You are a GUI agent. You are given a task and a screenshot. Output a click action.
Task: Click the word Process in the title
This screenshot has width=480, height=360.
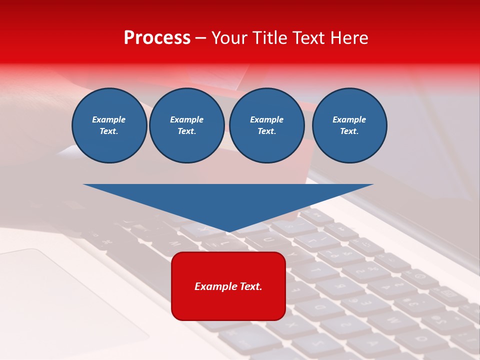tap(157, 38)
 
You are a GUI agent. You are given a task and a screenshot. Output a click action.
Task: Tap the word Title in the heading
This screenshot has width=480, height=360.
tap(270, 38)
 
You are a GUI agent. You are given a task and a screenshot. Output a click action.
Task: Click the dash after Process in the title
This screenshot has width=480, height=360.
tap(201, 38)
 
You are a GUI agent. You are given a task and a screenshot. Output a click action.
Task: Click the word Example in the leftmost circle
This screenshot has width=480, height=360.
tap(109, 119)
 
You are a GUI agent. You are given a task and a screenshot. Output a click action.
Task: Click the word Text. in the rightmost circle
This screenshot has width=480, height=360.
tap(349, 131)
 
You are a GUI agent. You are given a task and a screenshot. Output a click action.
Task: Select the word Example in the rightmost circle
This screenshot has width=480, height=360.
tap(349, 119)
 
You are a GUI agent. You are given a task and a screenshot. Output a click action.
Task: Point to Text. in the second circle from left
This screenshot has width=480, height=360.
tap(187, 131)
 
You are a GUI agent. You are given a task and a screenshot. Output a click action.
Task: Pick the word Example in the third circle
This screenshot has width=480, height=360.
tap(267, 119)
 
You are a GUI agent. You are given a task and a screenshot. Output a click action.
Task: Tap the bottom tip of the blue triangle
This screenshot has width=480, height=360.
tap(229, 231)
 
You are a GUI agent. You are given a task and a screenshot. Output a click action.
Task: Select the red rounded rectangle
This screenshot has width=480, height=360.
tap(228, 305)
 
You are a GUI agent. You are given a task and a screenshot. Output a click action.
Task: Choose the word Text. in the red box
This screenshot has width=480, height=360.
tap(250, 286)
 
